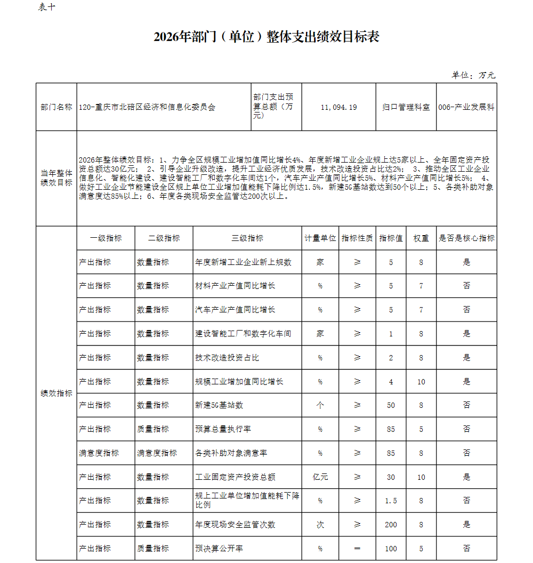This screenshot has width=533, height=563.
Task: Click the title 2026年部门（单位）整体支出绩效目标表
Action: (x=266, y=37)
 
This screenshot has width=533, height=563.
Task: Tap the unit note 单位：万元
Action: (x=473, y=75)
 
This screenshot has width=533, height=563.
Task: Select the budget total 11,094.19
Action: (x=338, y=107)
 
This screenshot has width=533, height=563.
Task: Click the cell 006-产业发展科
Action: (x=466, y=107)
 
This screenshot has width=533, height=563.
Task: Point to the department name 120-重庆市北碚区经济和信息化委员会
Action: (x=147, y=107)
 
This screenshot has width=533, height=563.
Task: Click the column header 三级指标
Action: (x=247, y=238)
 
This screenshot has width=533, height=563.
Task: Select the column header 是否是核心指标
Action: (x=466, y=238)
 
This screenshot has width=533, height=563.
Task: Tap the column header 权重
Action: (x=421, y=238)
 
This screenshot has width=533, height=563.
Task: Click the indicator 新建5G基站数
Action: (x=219, y=405)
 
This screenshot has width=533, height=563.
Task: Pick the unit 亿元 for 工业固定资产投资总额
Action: (x=320, y=477)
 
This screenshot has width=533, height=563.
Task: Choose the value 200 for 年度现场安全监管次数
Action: (x=391, y=525)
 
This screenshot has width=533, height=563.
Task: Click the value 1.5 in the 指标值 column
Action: (x=391, y=501)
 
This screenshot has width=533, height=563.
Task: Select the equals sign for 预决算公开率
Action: (x=357, y=548)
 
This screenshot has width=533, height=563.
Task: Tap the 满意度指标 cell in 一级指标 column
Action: (x=99, y=453)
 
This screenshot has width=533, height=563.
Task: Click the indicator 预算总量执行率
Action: (x=223, y=429)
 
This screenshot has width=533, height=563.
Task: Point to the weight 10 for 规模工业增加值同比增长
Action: (x=421, y=382)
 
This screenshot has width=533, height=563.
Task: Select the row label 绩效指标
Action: (x=56, y=393)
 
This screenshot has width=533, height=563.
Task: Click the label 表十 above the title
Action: (x=46, y=7)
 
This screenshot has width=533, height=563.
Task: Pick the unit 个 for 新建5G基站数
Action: (x=320, y=405)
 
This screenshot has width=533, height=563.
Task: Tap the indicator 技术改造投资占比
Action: (x=227, y=358)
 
